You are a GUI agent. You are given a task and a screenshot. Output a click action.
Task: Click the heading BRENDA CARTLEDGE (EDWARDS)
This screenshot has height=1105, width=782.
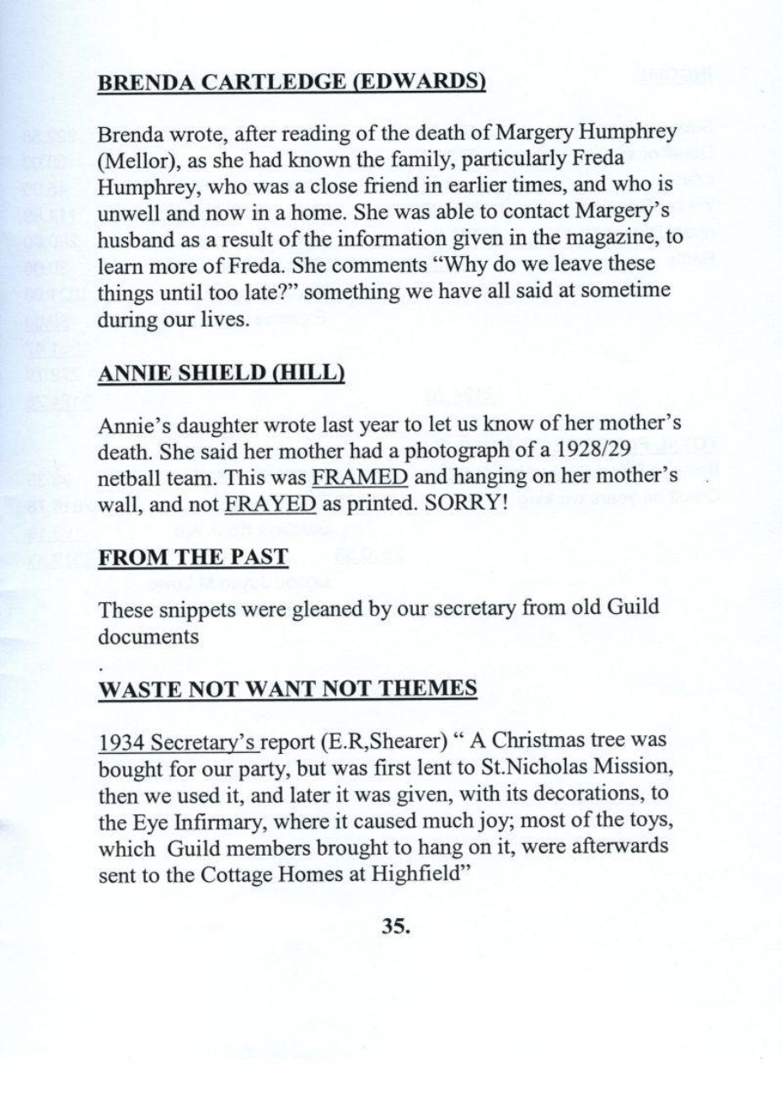[292, 83]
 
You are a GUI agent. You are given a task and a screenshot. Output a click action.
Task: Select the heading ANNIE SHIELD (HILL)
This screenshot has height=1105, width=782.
[222, 373]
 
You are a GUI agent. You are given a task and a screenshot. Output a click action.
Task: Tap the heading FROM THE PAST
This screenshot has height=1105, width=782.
[193, 557]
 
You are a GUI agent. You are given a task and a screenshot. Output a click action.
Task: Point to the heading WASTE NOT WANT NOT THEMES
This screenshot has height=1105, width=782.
[288, 689]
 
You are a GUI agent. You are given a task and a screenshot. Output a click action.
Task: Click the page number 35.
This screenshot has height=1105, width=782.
[395, 926]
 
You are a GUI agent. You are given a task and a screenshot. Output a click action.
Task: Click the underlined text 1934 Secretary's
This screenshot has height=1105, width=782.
[179, 742]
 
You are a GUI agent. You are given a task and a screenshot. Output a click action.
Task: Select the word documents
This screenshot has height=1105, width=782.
[148, 636]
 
